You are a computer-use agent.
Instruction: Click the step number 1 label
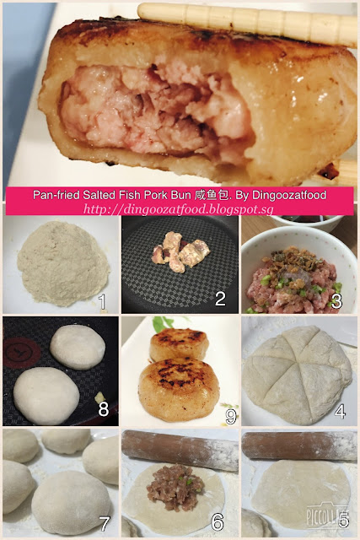[102, 301]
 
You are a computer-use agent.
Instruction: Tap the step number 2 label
[220, 299]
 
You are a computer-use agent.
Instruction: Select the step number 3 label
[336, 301]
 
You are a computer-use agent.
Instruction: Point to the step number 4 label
[340, 411]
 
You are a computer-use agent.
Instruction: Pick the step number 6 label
[218, 522]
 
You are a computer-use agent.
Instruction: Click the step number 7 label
[105, 524]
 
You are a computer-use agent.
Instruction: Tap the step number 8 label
[103, 408]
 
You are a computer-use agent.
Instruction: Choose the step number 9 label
[231, 416]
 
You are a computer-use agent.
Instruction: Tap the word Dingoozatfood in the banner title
[289, 195]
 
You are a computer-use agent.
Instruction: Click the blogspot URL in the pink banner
[179, 209]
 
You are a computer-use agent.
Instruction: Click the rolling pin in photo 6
[180, 450]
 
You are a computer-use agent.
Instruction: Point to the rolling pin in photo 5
[299, 445]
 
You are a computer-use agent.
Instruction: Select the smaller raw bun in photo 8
[78, 347]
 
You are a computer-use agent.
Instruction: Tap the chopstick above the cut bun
[247, 24]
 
